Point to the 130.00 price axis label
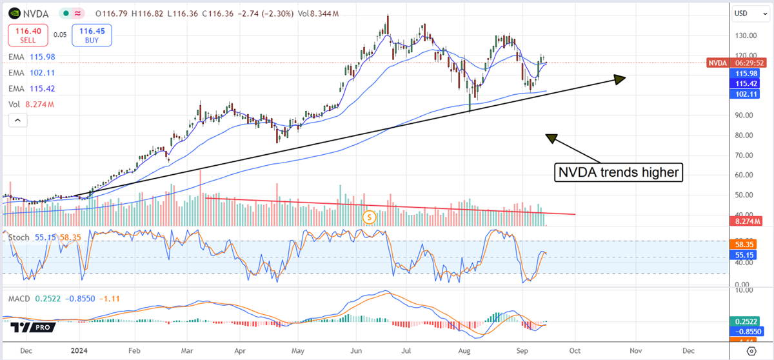click(x=744, y=36)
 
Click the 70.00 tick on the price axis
click(x=744, y=155)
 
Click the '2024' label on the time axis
click(x=79, y=350)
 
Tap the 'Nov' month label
click(x=636, y=350)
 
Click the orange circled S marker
click(x=369, y=217)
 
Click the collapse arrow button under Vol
click(x=17, y=120)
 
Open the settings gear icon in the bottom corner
click(x=750, y=350)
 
